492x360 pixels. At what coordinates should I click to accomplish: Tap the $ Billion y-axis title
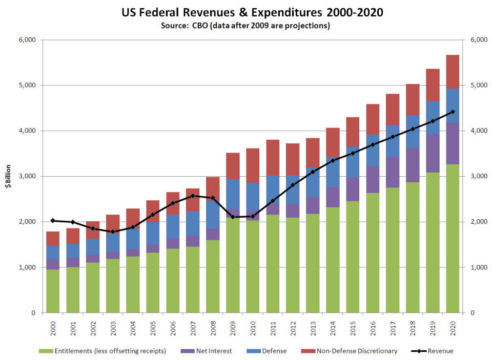(8, 177)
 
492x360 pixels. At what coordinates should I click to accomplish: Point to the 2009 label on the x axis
(233, 328)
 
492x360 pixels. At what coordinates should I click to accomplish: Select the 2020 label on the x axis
(453, 328)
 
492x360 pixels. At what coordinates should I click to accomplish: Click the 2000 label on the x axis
(53, 328)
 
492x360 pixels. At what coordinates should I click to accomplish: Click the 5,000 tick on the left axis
(27, 86)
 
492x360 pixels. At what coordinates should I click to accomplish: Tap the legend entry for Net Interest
(208, 351)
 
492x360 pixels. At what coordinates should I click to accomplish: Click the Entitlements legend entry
(102, 351)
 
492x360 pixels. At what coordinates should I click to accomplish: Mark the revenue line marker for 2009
(233, 217)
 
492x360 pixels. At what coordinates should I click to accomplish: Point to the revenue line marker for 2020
(453, 112)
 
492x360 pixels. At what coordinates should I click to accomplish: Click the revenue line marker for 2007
(193, 196)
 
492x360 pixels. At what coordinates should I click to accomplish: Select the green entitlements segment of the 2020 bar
(453, 238)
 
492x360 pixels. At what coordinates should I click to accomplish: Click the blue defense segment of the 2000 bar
(53, 252)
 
